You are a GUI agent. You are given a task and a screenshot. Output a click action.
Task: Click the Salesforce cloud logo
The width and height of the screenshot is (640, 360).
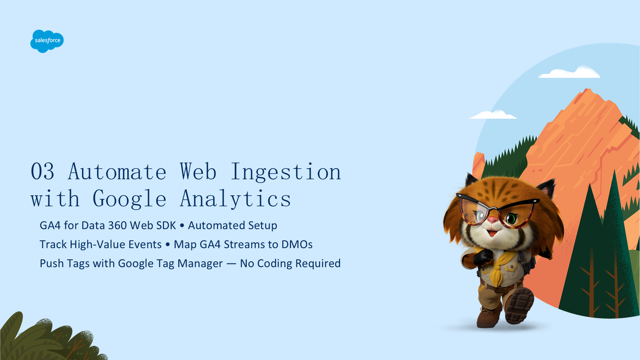47,41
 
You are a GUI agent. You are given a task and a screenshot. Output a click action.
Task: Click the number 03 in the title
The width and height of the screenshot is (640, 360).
42,172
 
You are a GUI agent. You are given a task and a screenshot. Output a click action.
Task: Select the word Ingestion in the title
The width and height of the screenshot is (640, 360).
286,172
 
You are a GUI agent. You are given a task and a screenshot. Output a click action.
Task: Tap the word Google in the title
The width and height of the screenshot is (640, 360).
129,199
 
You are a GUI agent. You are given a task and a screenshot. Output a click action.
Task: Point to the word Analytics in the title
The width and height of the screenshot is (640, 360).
235,199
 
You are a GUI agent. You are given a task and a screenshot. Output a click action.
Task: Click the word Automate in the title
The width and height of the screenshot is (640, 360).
117,172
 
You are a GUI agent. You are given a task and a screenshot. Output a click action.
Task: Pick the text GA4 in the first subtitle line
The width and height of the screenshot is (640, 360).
50,226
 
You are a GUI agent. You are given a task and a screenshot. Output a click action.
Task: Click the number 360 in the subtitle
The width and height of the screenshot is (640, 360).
117,226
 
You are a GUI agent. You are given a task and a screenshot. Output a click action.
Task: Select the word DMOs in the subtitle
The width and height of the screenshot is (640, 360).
297,245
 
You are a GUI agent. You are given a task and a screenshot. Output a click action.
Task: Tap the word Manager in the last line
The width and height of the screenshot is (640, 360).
200,264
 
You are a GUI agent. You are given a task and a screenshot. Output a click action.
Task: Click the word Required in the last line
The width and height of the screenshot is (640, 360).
318,264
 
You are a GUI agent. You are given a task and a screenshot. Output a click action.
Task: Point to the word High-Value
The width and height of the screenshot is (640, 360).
116,245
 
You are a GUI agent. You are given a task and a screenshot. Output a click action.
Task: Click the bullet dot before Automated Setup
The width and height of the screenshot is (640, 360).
182,226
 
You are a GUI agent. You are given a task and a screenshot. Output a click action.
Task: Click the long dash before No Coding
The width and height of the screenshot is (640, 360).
231,264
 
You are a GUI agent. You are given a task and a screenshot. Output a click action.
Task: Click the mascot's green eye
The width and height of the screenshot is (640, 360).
511,219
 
